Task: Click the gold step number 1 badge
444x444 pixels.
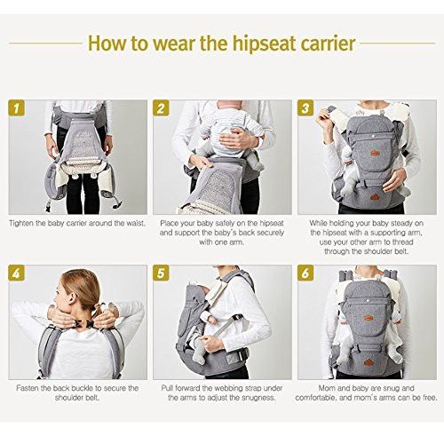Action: coord(17,107)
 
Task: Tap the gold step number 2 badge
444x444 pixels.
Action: coord(161,107)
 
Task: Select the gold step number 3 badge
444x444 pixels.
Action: coord(305,107)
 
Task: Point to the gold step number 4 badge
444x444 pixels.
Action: coord(17,273)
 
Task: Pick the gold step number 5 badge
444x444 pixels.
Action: coord(161,273)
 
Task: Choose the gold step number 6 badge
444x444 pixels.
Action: coord(305,273)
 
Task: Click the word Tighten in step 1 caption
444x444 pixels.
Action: coord(21,223)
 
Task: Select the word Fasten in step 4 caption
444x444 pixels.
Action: coord(27,388)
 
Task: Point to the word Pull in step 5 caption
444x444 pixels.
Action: coord(167,388)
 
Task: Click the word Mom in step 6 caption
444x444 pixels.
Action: coord(326,388)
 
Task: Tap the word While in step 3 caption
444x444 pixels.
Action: coord(318,223)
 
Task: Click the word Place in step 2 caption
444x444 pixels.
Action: coord(169,223)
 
